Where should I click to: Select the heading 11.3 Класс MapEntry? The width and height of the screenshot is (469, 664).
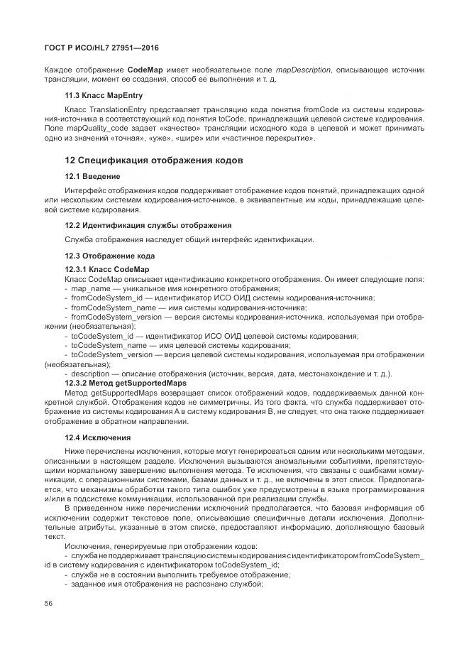tap(104, 94)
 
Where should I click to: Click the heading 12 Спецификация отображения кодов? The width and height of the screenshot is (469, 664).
tap(154, 160)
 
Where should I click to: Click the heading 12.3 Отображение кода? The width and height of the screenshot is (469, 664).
tap(109, 255)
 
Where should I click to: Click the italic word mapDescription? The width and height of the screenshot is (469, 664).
tap(303, 70)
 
